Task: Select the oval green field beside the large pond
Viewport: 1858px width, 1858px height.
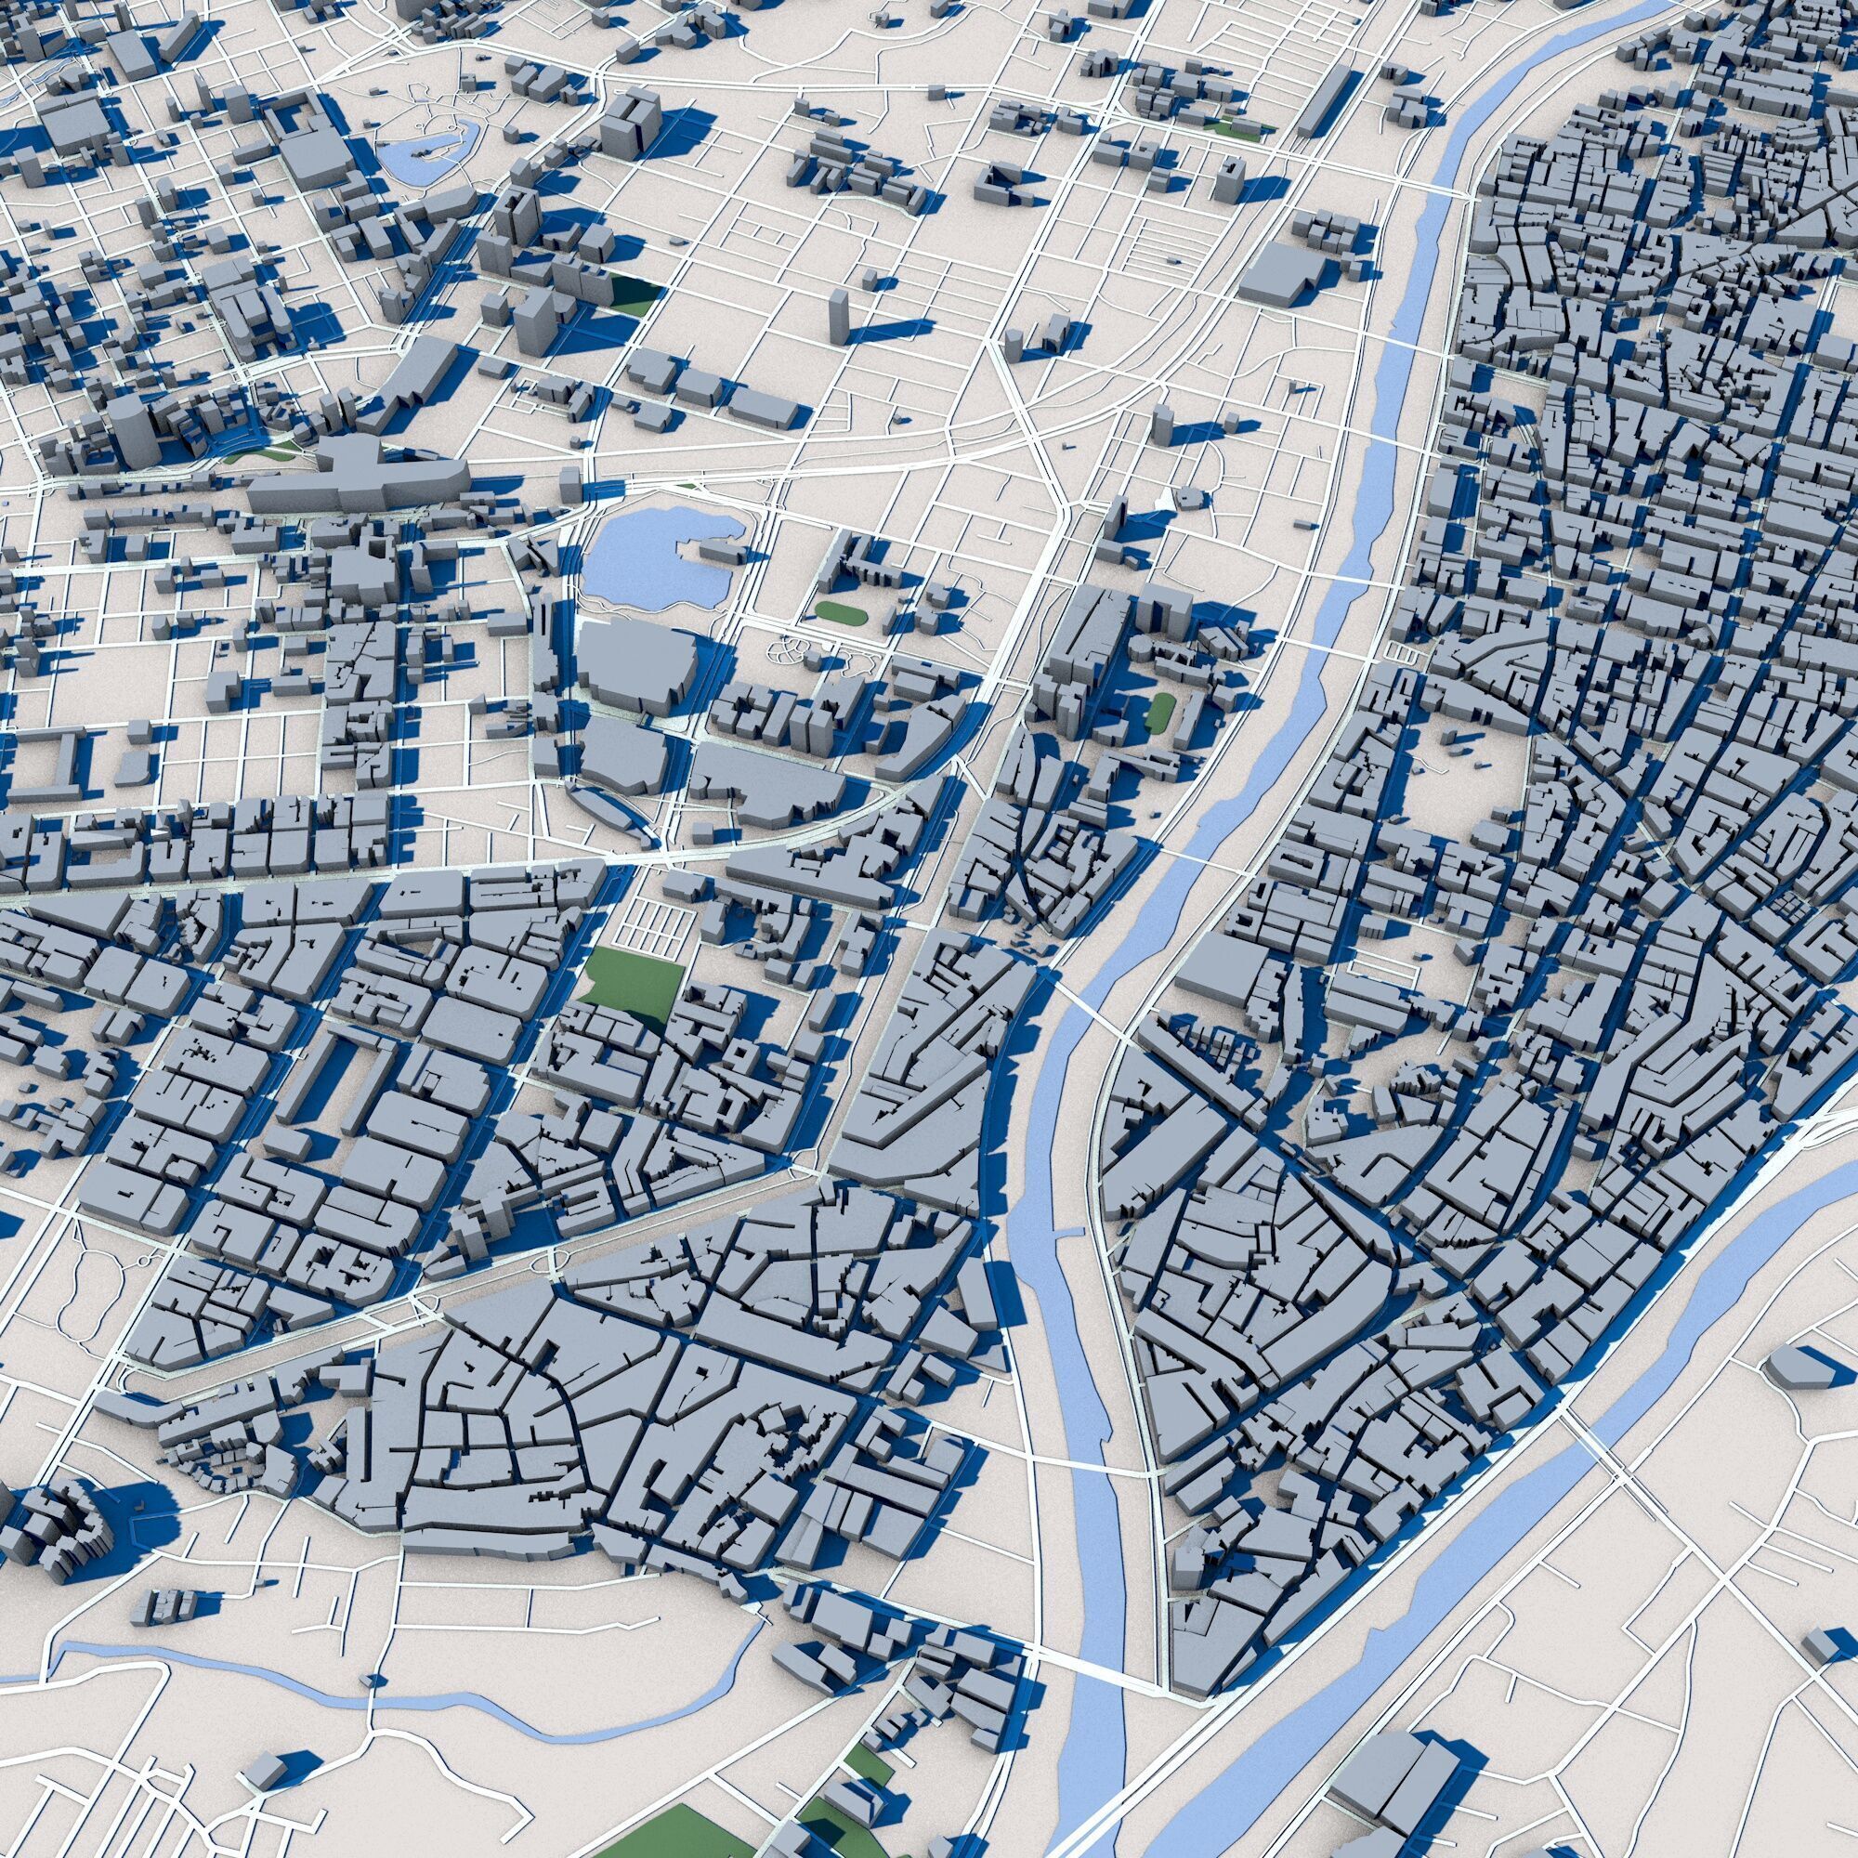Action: [841, 610]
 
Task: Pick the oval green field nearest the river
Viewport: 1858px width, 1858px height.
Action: [1160, 712]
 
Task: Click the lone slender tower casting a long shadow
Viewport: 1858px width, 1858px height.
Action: [839, 318]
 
